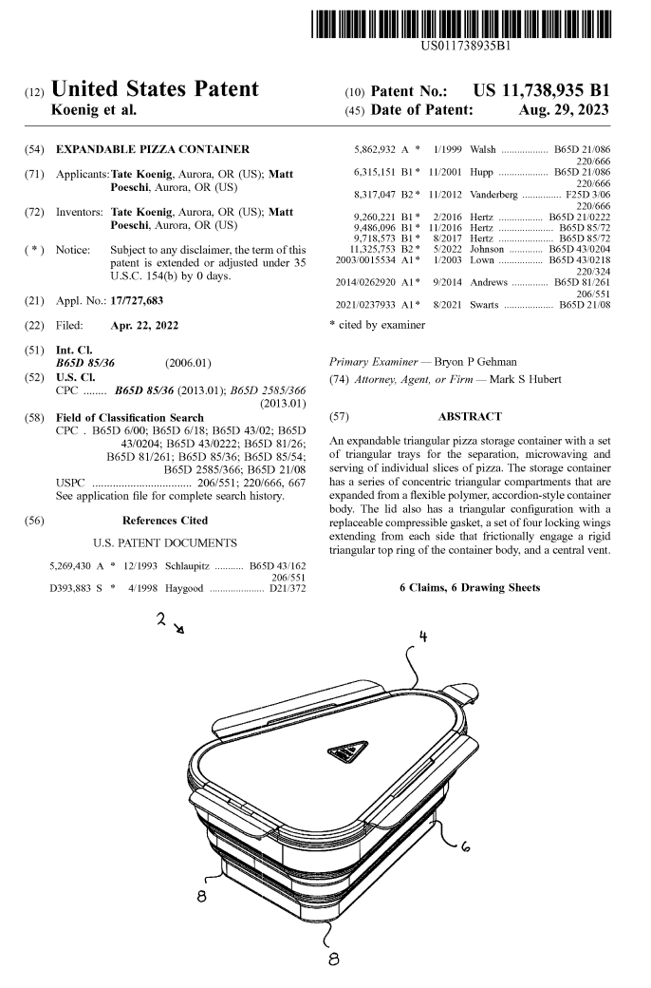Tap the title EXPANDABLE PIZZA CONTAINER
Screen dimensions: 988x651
pyautogui.click(x=153, y=150)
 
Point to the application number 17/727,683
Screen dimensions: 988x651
pyautogui.click(x=142, y=298)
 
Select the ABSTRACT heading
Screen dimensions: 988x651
pyautogui.click(x=469, y=416)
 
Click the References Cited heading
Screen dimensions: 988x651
pyautogui.click(x=166, y=521)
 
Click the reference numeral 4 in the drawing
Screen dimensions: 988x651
pyautogui.click(x=420, y=636)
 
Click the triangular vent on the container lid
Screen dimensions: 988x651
pyautogui.click(x=349, y=750)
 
